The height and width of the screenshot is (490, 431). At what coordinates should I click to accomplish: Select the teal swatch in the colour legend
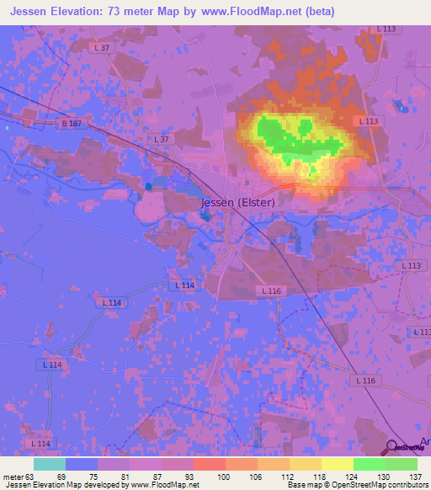click(x=49, y=464)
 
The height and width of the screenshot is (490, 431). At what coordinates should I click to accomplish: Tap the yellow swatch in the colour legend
click(x=337, y=464)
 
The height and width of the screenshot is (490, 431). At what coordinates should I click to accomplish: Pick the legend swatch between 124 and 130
click(x=369, y=464)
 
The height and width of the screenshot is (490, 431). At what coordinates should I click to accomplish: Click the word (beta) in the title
click(x=318, y=12)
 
